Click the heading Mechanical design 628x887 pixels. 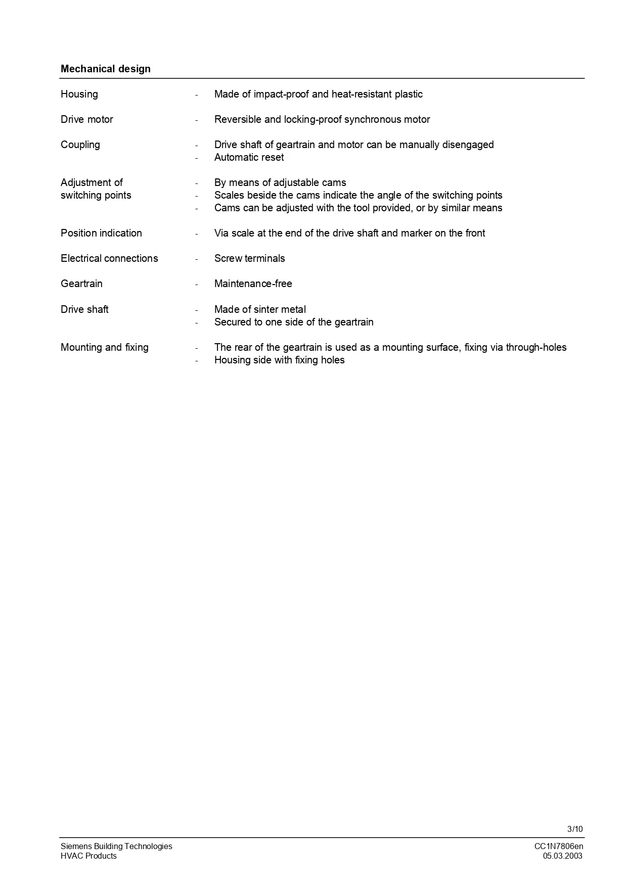point(105,69)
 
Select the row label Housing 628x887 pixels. point(79,94)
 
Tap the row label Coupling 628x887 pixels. point(80,145)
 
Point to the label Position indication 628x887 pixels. point(101,233)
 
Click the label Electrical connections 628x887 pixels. point(109,258)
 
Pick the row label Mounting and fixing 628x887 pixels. point(105,347)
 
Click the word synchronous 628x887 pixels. point(374,119)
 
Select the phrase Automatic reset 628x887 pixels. point(249,157)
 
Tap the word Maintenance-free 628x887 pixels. point(253,284)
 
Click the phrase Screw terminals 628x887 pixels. point(249,258)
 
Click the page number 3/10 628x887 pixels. point(575,829)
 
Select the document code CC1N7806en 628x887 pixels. point(559,846)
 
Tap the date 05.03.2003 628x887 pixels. point(562,856)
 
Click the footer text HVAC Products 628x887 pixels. point(88,856)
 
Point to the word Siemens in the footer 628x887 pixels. point(76,846)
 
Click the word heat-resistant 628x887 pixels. point(362,94)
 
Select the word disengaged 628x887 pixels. point(468,145)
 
